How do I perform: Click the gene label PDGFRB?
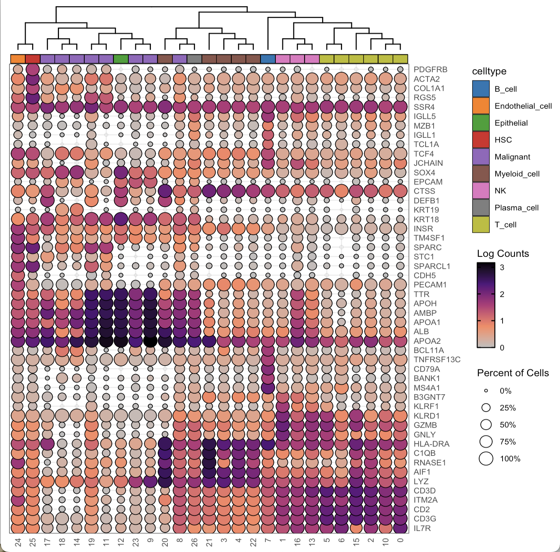coord(430,70)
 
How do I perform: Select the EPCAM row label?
coord(428,182)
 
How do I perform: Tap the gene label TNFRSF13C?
coord(437,359)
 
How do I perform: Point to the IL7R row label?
coord(422,528)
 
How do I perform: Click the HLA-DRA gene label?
coord(431,444)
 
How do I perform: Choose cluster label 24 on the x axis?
coord(18,542)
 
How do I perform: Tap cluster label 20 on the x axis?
coord(165,542)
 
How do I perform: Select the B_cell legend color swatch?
coord(481,89)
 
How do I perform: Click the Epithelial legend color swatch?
coord(481,123)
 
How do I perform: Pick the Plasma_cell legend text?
coord(516,208)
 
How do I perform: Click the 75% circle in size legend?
coord(486,442)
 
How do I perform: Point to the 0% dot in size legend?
coord(486,391)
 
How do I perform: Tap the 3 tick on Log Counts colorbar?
coord(502,268)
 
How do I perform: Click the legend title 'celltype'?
coord(489,71)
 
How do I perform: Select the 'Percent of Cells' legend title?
coord(513,373)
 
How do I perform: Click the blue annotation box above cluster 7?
coord(268,59)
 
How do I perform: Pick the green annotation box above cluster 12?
coord(121,59)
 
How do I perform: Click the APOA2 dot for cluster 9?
coord(150,341)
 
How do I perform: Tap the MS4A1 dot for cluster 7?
coord(268,388)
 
